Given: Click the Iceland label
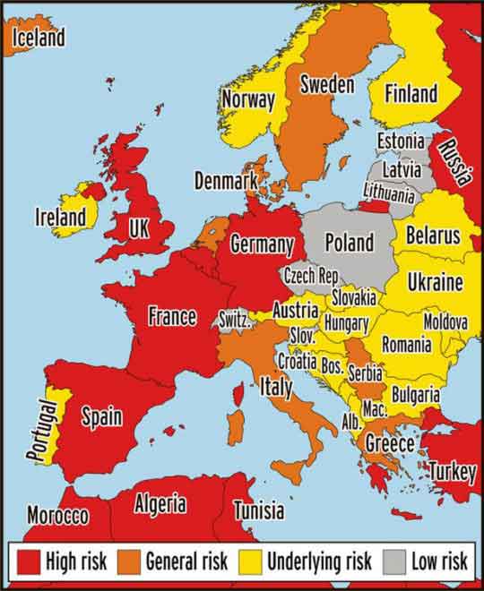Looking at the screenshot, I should pos(38,38).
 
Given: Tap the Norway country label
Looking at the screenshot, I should pos(248,98).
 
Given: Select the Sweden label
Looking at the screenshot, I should pos(326,85).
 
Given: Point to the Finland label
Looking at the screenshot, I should pos(411,93).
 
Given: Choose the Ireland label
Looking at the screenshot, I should pos(61,217).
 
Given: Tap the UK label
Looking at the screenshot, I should pos(138,228).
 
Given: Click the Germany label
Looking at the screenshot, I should pos(262,244).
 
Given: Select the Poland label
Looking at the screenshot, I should pos(349,243).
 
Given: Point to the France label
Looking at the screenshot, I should pos(172,316).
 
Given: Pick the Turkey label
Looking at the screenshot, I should pos(451,470).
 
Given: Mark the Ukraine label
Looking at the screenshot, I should pos(435,283).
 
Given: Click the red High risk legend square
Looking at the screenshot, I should pos(29,561).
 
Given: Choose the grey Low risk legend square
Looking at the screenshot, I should pos(393,561).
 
